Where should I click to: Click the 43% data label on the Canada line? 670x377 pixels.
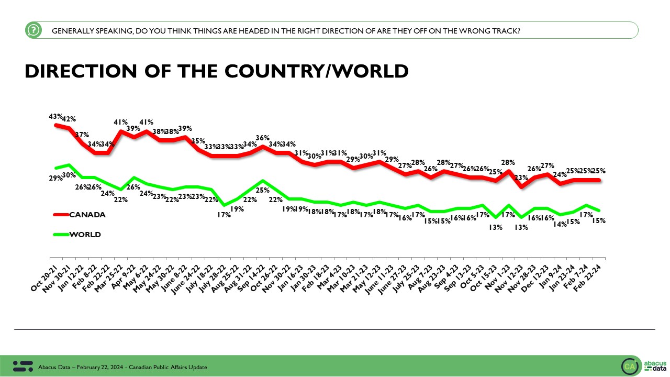tap(56, 116)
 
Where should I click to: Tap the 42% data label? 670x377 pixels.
tap(70, 118)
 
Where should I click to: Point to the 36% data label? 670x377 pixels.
tap(262, 138)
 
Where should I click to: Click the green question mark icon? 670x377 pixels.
tap(33, 30)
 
